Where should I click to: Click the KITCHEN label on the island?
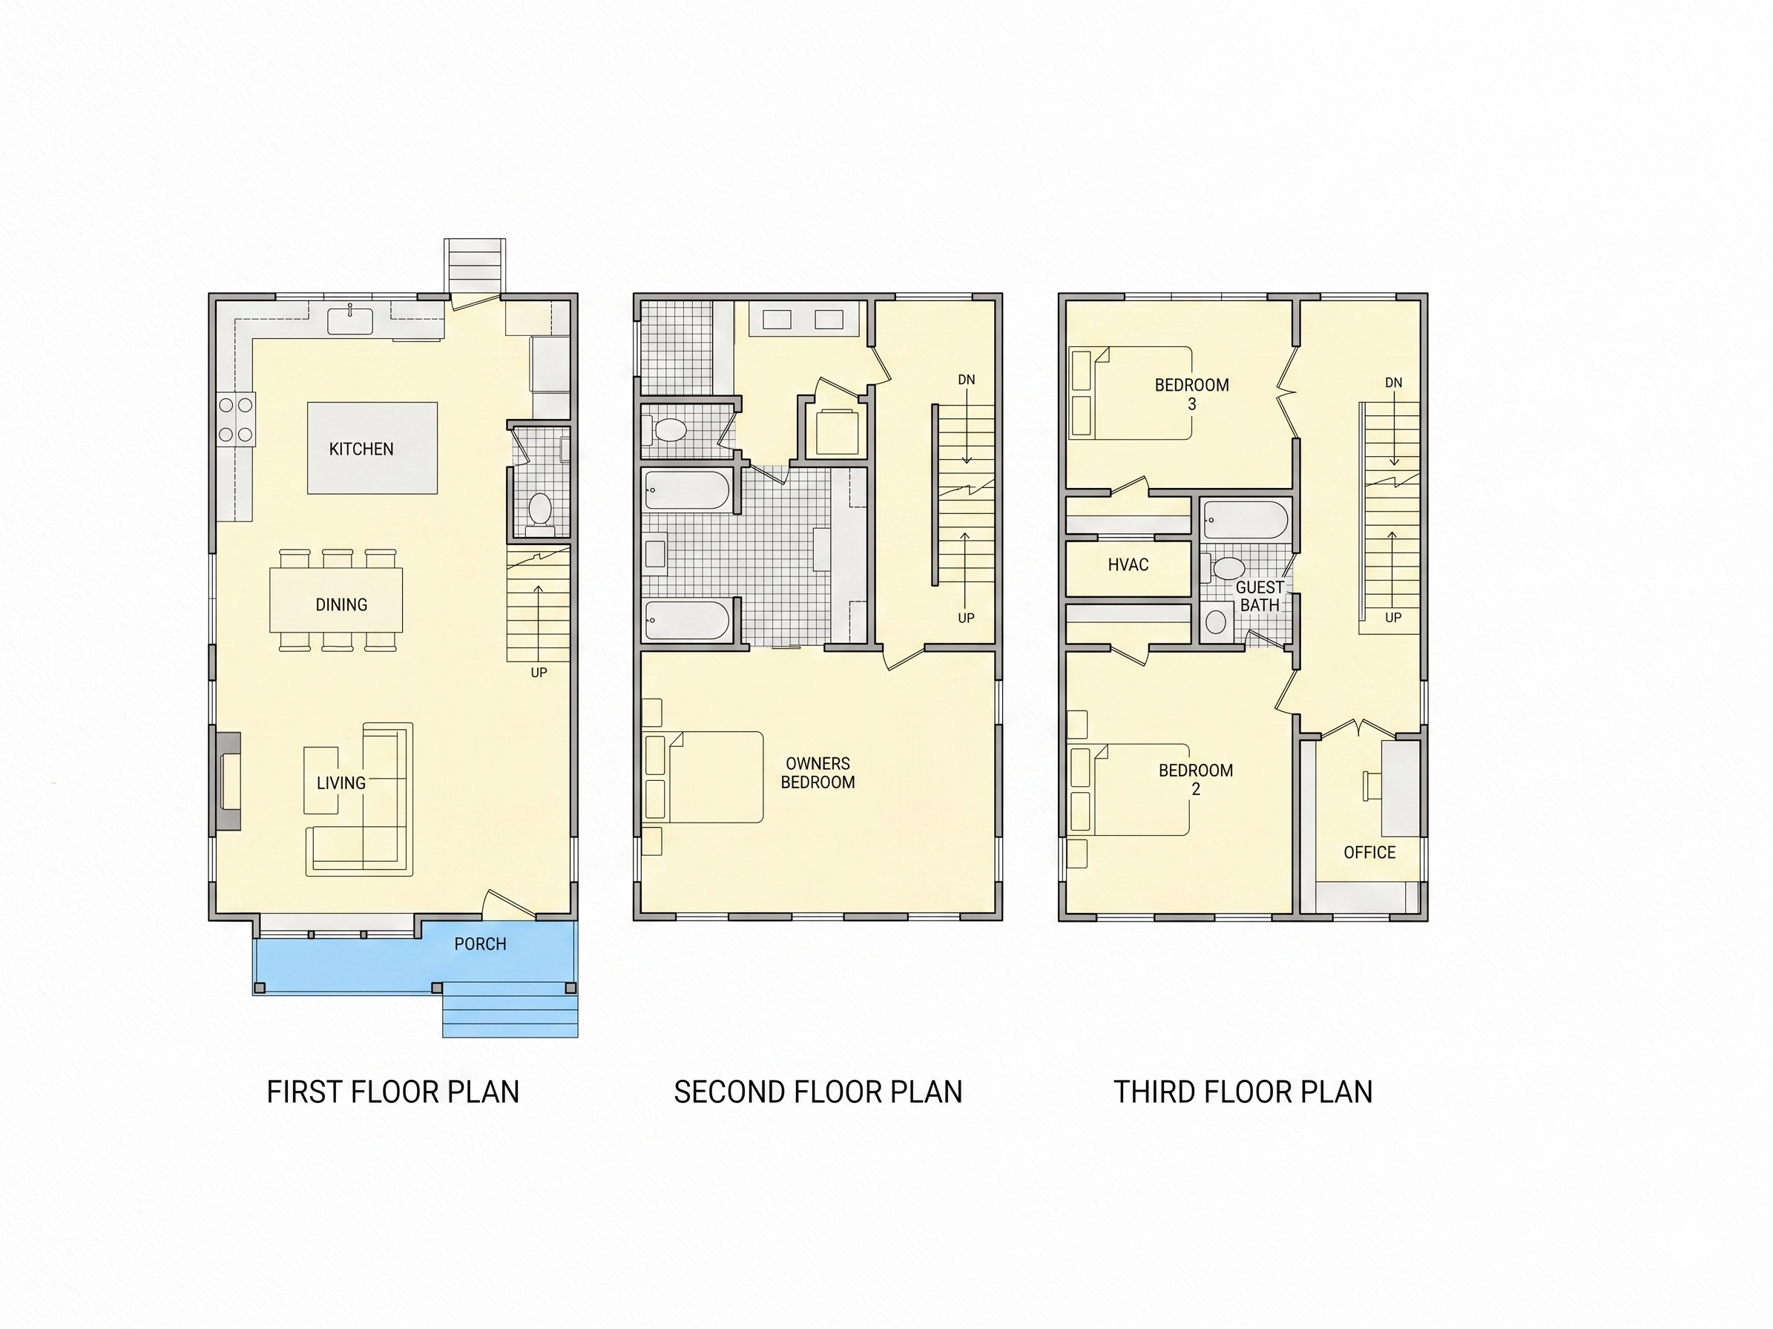pos(361,449)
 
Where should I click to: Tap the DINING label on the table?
pos(341,605)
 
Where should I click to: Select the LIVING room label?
pos(341,782)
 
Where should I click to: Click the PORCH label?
pos(480,943)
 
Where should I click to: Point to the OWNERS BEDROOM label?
pos(818,773)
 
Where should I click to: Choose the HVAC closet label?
pos(1128,565)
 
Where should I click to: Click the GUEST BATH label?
pos(1259,596)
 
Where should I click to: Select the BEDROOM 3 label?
pos(1191,394)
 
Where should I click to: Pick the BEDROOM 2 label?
pos(1195,779)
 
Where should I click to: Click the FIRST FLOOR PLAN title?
pos(392,1092)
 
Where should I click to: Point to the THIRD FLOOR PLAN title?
pos(1243,1092)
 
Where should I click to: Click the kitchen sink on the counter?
pos(350,322)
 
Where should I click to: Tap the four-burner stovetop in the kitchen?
pos(236,420)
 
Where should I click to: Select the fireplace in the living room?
pos(228,780)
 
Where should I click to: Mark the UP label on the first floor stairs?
pos(539,673)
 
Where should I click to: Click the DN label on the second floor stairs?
pos(967,380)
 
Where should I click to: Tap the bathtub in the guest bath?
pos(1246,520)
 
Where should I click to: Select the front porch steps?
pos(510,1010)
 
